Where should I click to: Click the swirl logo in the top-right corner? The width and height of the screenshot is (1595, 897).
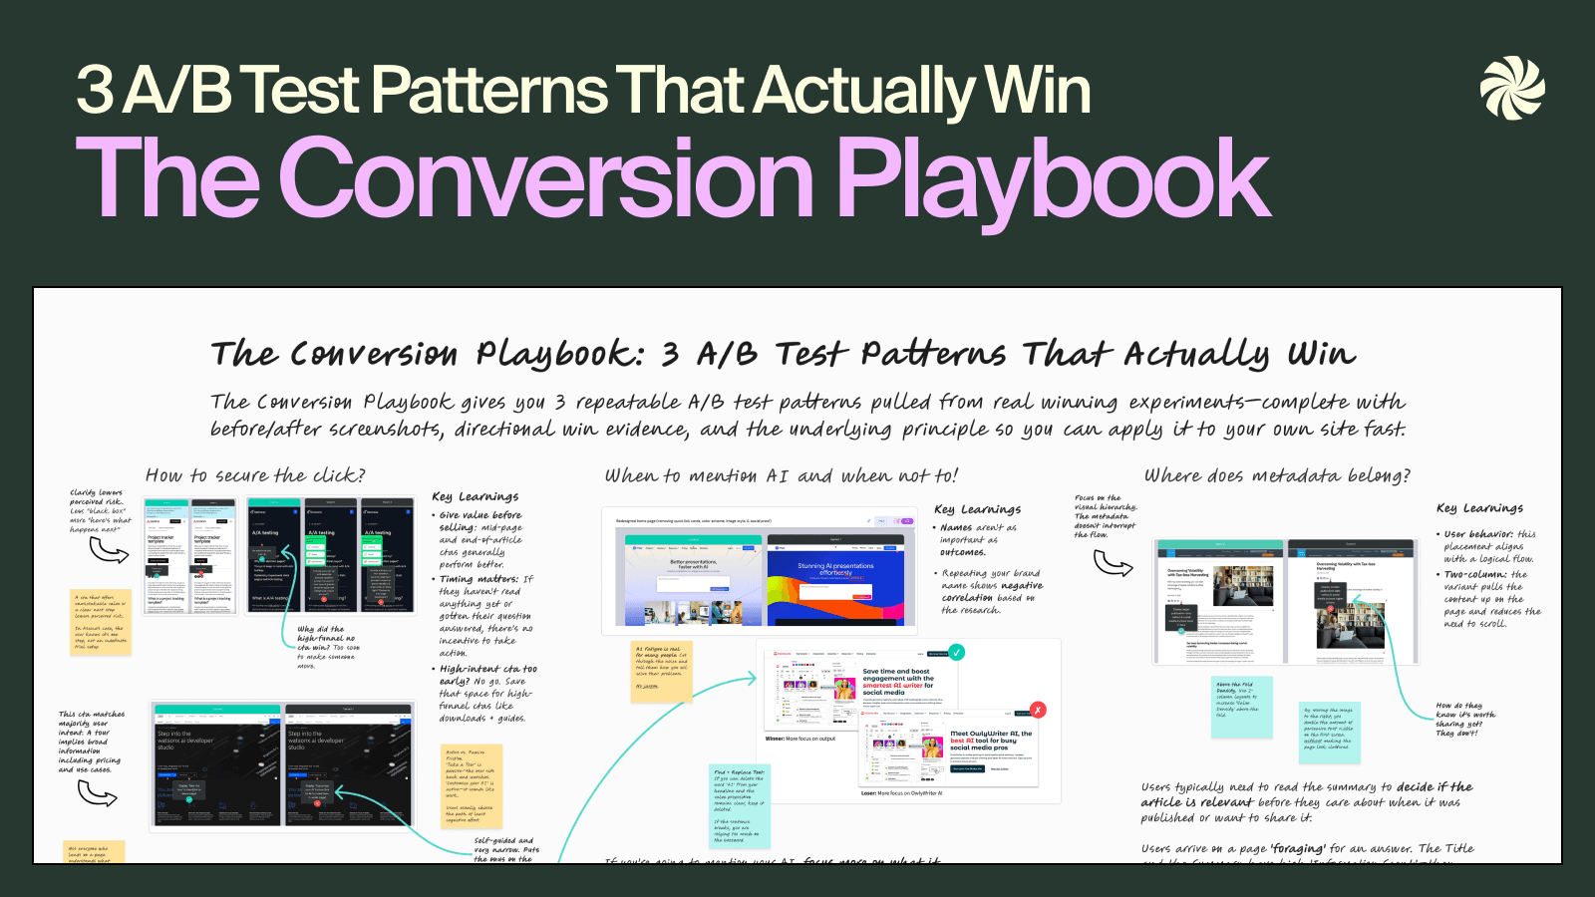click(x=1512, y=88)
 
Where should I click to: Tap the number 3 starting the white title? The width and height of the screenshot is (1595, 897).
click(x=96, y=90)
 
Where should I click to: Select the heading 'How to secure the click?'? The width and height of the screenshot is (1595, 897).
click(x=255, y=475)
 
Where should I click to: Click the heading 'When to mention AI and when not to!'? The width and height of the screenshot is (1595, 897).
click(x=781, y=476)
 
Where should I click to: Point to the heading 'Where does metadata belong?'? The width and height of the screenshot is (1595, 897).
click(x=1277, y=475)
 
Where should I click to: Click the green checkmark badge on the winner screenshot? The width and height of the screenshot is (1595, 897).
click(x=956, y=653)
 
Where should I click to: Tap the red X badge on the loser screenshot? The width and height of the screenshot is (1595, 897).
click(x=1038, y=710)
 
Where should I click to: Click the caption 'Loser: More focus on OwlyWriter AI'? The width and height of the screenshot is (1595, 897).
click(x=901, y=793)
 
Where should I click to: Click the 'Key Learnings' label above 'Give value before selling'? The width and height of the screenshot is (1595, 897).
click(x=475, y=496)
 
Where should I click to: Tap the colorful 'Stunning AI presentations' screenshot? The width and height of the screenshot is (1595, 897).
click(x=840, y=580)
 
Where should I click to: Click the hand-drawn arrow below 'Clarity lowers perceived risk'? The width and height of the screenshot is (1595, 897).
click(x=109, y=550)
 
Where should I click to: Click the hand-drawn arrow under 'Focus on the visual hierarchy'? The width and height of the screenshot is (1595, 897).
click(x=1113, y=564)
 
